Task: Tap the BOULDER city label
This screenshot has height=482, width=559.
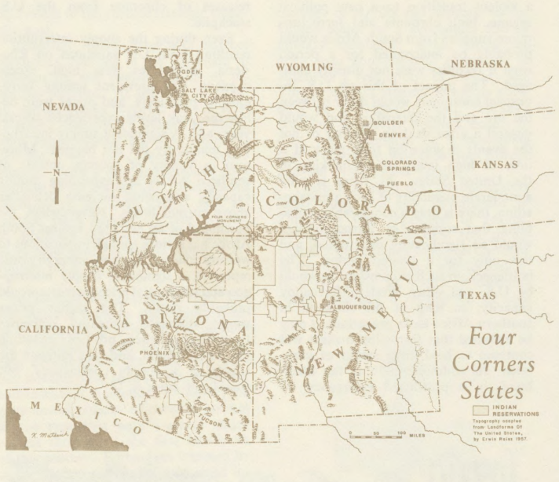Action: (x=389, y=123)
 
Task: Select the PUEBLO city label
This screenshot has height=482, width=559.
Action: (x=394, y=186)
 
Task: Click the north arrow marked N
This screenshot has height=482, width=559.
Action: (x=57, y=171)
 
